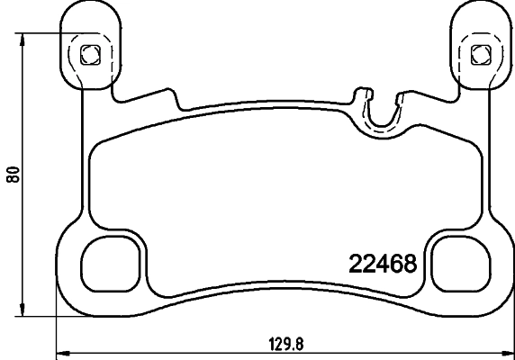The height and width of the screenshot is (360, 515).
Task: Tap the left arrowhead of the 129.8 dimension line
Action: [x=61, y=351]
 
